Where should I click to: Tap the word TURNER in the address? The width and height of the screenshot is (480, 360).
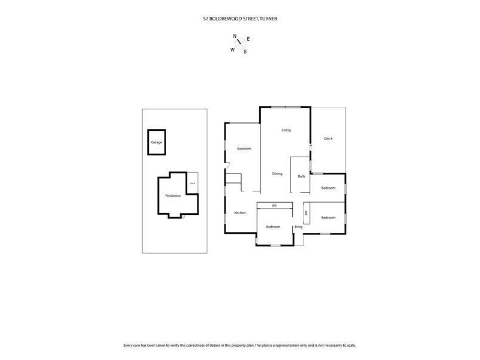pyautogui.click(x=268, y=19)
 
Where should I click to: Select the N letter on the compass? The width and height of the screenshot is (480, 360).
pyautogui.click(x=235, y=36)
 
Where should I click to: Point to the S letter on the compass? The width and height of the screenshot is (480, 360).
pyautogui.click(x=245, y=52)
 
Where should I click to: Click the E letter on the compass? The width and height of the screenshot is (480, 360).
pyautogui.click(x=248, y=39)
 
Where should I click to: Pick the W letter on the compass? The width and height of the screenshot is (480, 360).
pyautogui.click(x=232, y=50)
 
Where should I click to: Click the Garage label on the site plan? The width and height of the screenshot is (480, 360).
pyautogui.click(x=157, y=142)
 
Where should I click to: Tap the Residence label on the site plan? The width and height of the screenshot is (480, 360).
pyautogui.click(x=173, y=196)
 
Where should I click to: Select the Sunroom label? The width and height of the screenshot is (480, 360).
pyautogui.click(x=244, y=148)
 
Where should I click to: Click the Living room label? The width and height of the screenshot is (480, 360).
pyautogui.click(x=286, y=130)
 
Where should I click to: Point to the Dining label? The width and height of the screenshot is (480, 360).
pyautogui.click(x=277, y=174)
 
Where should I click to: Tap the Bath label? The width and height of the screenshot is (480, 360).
pyautogui.click(x=301, y=176)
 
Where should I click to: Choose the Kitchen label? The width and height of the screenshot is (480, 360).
pyautogui.click(x=240, y=214)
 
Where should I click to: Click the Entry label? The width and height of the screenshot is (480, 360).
pyautogui.click(x=298, y=227)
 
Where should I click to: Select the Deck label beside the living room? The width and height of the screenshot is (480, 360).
pyautogui.click(x=328, y=139)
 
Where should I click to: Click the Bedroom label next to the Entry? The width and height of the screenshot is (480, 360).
pyautogui.click(x=273, y=227)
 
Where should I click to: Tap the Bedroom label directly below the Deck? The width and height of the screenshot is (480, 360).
pyautogui.click(x=328, y=188)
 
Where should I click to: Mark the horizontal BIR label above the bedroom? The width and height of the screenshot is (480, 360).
pyautogui.click(x=274, y=206)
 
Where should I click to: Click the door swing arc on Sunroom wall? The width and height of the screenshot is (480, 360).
pyautogui.click(x=228, y=166)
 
